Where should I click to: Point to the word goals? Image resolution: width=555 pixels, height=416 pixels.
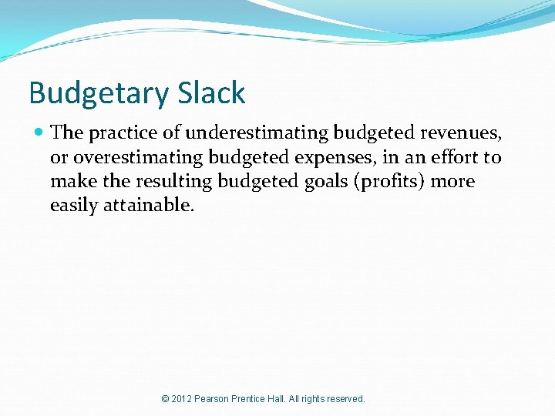click(x=318, y=182)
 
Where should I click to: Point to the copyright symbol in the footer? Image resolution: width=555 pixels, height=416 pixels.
click(x=166, y=399)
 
